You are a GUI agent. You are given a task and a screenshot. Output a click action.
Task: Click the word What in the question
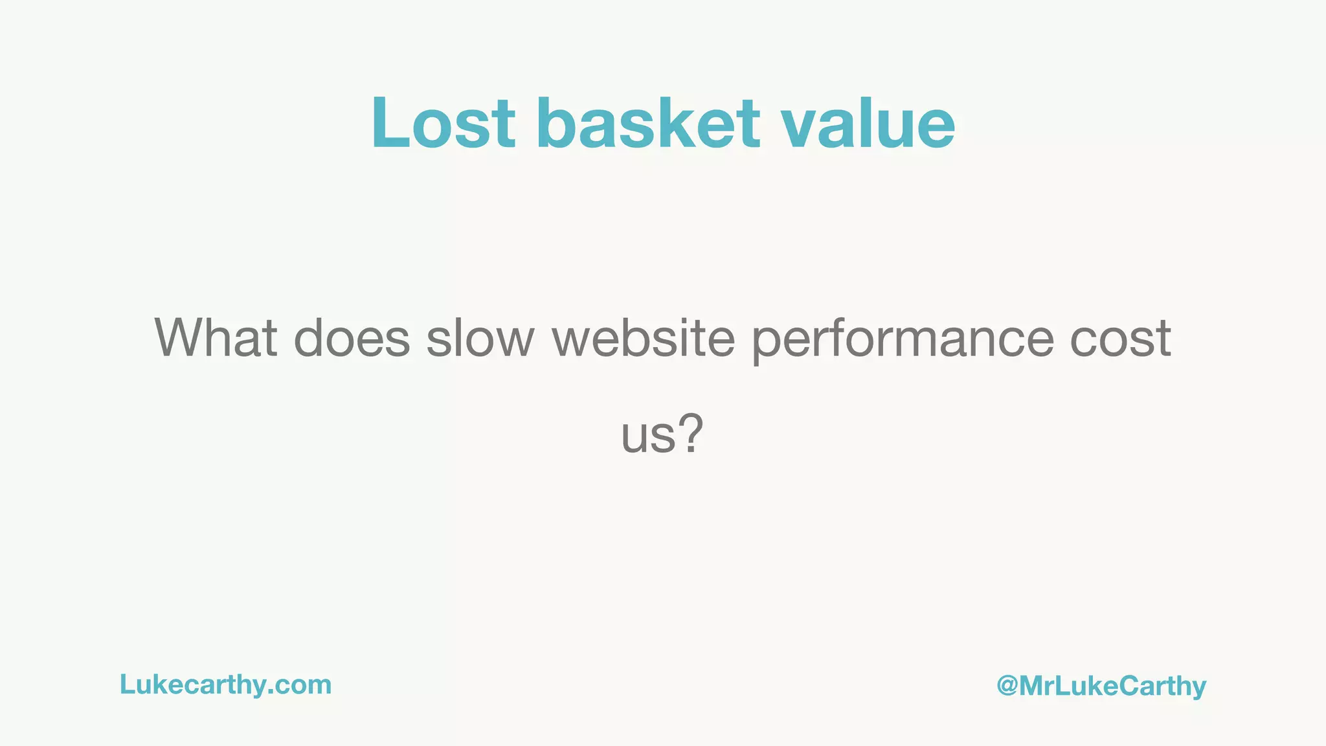(x=216, y=338)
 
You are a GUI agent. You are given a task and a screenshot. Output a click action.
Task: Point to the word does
(x=352, y=338)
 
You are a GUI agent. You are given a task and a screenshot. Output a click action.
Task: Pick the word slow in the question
(x=480, y=338)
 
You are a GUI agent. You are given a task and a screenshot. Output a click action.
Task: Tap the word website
(x=643, y=338)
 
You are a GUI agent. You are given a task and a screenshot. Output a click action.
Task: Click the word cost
(x=1120, y=338)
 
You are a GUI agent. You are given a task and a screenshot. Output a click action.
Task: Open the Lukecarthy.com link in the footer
(x=225, y=685)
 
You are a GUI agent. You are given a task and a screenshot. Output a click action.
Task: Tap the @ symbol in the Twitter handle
(x=1007, y=686)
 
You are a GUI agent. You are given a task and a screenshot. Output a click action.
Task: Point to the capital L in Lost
(x=388, y=123)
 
